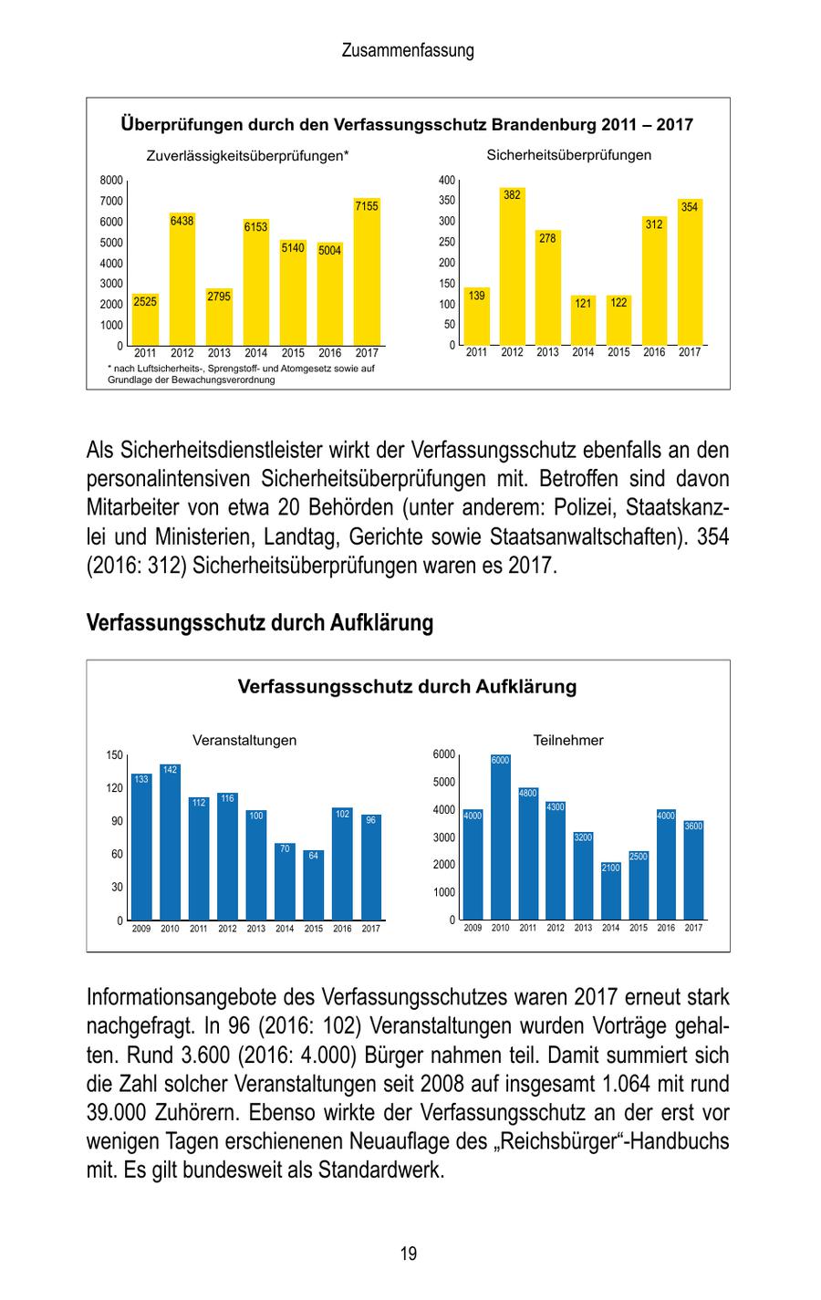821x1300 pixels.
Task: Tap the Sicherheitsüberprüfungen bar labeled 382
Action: tap(512, 269)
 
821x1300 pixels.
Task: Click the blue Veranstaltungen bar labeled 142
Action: tap(170, 844)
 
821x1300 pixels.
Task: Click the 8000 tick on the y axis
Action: tap(111, 181)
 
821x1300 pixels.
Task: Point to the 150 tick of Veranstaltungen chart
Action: tap(114, 755)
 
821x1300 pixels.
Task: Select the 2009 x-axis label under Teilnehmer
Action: tap(473, 928)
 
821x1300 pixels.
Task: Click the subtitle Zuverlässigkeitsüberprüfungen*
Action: tap(247, 156)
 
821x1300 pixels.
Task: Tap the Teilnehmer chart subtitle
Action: tap(568, 741)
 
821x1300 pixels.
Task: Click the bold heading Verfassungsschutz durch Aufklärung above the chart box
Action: tap(259, 623)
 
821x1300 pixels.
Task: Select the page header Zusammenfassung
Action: tap(408, 51)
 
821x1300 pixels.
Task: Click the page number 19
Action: tap(409, 1253)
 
